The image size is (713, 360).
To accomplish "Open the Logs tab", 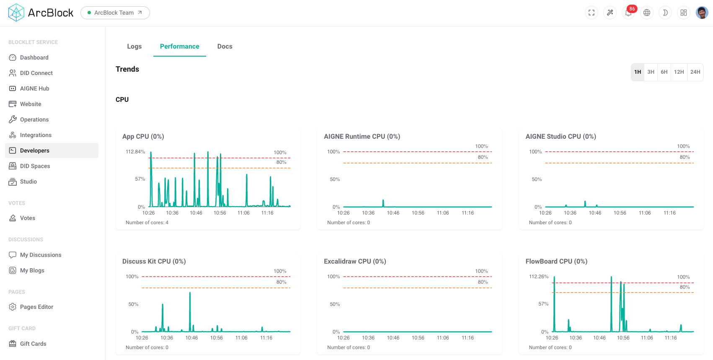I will tap(134, 47).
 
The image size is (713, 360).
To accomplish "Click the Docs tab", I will tap(225, 47).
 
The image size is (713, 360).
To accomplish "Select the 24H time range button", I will tap(695, 72).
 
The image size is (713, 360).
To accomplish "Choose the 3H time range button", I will tap(651, 72).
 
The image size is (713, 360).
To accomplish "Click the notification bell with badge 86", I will tap(628, 13).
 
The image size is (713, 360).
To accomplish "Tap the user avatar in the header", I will tap(702, 13).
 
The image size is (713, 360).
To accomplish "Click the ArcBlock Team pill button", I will tap(115, 13).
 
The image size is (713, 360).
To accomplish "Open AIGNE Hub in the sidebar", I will tap(34, 88).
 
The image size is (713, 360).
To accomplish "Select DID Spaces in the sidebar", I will tap(35, 166).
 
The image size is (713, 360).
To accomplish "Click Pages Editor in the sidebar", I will tap(36, 307).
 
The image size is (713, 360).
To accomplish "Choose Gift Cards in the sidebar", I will tap(33, 344).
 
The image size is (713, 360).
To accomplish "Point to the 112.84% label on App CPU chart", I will tap(135, 152).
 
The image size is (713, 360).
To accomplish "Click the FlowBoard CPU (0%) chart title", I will tap(556, 261).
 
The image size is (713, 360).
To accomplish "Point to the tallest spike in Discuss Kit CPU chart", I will tap(190, 293).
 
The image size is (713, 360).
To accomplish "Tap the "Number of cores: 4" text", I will tap(147, 223).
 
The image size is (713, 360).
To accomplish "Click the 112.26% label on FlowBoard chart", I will tap(538, 277).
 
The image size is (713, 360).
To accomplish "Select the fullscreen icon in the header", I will tap(592, 13).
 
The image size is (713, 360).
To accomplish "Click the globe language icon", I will tap(647, 13).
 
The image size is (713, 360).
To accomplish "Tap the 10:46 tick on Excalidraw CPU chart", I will tap(393, 338).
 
